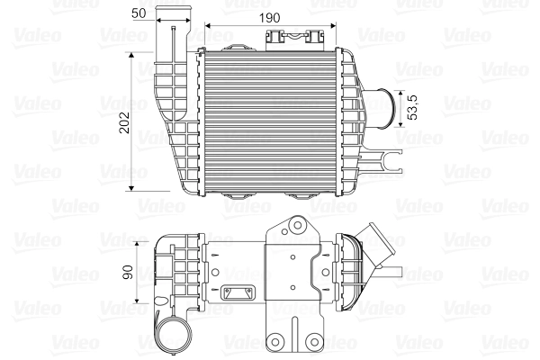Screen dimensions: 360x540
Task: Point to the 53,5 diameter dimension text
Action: [412, 107]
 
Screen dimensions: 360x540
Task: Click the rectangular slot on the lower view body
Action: [239, 293]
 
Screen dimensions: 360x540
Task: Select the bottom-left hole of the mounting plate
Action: [280, 343]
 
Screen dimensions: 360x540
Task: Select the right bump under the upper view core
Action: [301, 194]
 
